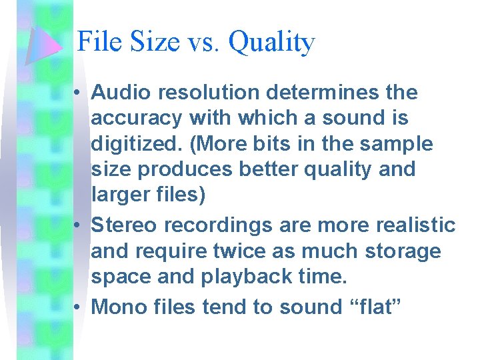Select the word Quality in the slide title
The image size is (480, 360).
click(x=271, y=43)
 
